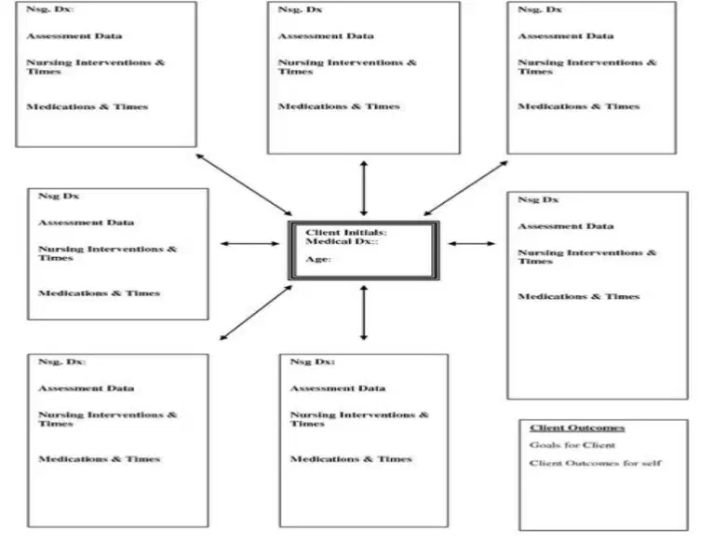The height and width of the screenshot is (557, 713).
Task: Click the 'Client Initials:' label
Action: pos(346,233)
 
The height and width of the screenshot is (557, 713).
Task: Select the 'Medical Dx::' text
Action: pos(342,241)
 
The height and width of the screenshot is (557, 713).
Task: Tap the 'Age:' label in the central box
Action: pos(317,259)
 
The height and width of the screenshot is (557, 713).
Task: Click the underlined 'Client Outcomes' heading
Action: pos(577,428)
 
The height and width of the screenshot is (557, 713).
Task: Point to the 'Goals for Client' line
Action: pos(572,445)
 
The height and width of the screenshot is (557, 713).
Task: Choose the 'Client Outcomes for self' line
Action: pos(595,463)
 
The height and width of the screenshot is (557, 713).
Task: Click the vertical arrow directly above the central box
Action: pos(364,188)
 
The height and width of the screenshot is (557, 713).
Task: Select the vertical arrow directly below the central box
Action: pos(364,313)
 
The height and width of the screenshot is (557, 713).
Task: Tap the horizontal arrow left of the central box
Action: pos(249,243)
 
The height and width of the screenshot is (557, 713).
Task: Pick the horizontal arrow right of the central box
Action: pos(471,243)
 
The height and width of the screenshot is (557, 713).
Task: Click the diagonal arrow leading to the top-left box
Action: pos(244,184)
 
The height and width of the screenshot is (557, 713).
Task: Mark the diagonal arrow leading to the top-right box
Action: pos(465,188)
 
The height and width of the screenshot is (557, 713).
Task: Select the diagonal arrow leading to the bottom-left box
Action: pos(256,313)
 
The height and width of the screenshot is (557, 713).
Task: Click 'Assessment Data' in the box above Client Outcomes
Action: pos(566,226)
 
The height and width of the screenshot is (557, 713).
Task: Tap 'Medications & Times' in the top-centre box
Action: pos(339,106)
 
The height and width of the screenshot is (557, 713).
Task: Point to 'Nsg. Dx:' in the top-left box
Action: pos(50,9)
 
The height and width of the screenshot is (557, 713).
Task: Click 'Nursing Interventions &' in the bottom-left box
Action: pos(107,415)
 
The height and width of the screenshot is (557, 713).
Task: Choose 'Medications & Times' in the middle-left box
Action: pos(99,293)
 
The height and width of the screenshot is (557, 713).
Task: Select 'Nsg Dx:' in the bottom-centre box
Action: pos(313,361)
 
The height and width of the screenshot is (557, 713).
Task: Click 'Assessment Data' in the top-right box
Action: pos(566,36)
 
